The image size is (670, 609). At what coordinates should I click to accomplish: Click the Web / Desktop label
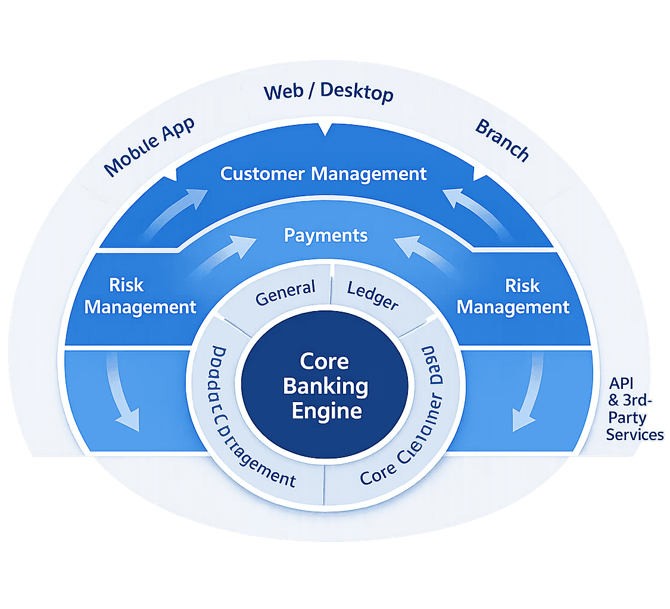[329, 93]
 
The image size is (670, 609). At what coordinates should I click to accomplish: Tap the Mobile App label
[150, 146]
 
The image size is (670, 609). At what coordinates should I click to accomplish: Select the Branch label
[502, 140]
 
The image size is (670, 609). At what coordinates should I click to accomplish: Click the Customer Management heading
[323, 174]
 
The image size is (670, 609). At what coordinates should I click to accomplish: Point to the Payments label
[326, 236]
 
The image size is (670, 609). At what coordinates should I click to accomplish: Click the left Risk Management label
[140, 296]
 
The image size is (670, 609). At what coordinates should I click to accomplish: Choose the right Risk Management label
[513, 296]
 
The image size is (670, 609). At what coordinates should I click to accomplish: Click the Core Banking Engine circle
[325, 387]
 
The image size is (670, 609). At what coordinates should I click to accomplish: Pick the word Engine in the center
[326, 411]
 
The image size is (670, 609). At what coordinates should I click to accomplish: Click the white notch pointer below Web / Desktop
[325, 129]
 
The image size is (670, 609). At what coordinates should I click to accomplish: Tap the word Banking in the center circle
[325, 387]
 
